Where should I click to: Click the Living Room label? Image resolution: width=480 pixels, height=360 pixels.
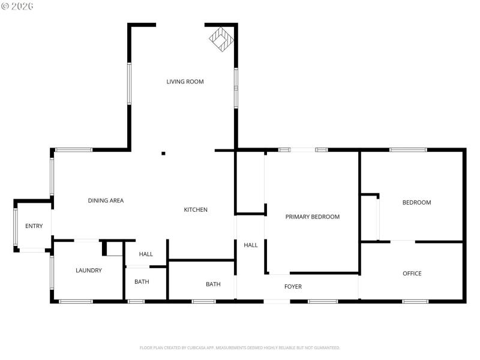[185, 82]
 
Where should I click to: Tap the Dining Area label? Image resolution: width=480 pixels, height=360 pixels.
[106, 200]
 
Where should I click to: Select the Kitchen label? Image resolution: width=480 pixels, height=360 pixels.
[196, 209]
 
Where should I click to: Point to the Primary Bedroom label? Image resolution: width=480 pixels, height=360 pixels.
[312, 217]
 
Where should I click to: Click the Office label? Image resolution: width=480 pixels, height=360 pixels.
[412, 274]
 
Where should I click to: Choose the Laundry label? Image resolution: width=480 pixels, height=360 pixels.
[88, 271]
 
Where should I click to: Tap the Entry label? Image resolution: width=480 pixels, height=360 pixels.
[34, 226]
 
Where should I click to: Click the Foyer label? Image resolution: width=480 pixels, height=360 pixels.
[293, 287]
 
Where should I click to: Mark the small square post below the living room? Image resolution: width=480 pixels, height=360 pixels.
[163, 154]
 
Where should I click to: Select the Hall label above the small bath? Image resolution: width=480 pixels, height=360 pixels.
[146, 254]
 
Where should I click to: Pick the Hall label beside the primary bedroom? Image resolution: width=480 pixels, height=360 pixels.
[250, 245]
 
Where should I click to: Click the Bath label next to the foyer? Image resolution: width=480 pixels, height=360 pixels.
[213, 284]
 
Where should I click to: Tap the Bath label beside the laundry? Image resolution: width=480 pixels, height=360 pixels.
[142, 282]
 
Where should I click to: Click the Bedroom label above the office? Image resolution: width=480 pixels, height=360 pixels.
[416, 203]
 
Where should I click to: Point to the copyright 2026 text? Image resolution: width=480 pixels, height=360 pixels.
[17, 6]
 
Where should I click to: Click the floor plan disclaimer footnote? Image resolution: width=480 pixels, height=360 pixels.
[239, 347]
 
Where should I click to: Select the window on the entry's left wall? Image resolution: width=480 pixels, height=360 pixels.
[16, 226]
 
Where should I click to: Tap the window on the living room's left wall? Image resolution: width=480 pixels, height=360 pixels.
[129, 83]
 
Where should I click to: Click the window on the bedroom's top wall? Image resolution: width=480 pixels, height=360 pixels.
[408, 149]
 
